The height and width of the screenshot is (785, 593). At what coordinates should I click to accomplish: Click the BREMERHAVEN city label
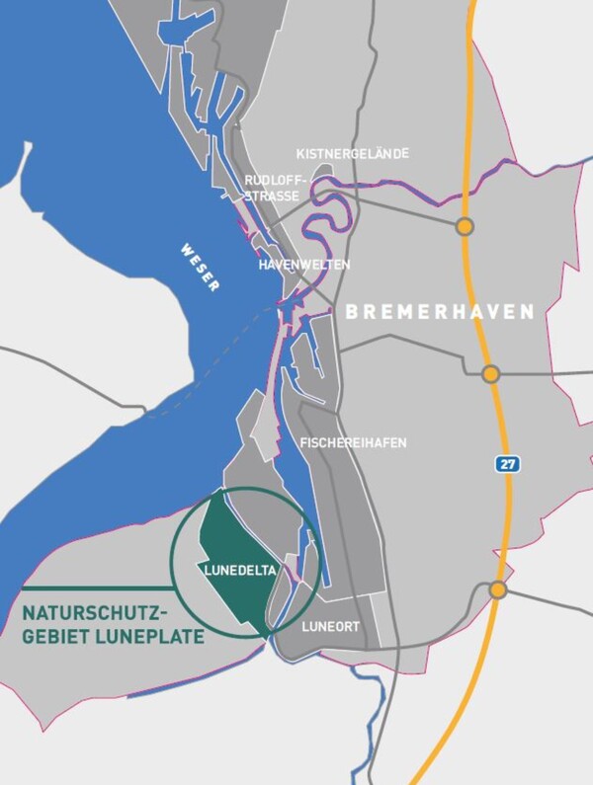[x=440, y=311]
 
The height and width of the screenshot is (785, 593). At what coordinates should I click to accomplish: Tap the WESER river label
[x=201, y=266]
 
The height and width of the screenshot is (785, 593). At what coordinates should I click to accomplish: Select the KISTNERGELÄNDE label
[x=353, y=154]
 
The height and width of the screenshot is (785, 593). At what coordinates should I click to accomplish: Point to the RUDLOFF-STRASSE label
[x=272, y=188]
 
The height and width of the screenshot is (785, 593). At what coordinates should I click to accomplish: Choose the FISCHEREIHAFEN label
[x=352, y=443]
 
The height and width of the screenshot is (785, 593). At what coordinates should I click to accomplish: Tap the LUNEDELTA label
[x=239, y=570]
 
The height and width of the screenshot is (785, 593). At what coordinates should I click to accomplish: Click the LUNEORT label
[x=332, y=626]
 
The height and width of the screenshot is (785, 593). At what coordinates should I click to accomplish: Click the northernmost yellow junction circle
[x=464, y=228]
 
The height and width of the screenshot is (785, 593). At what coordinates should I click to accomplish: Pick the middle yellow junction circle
[x=490, y=373]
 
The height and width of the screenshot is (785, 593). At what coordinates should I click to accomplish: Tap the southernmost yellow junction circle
[x=498, y=589]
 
